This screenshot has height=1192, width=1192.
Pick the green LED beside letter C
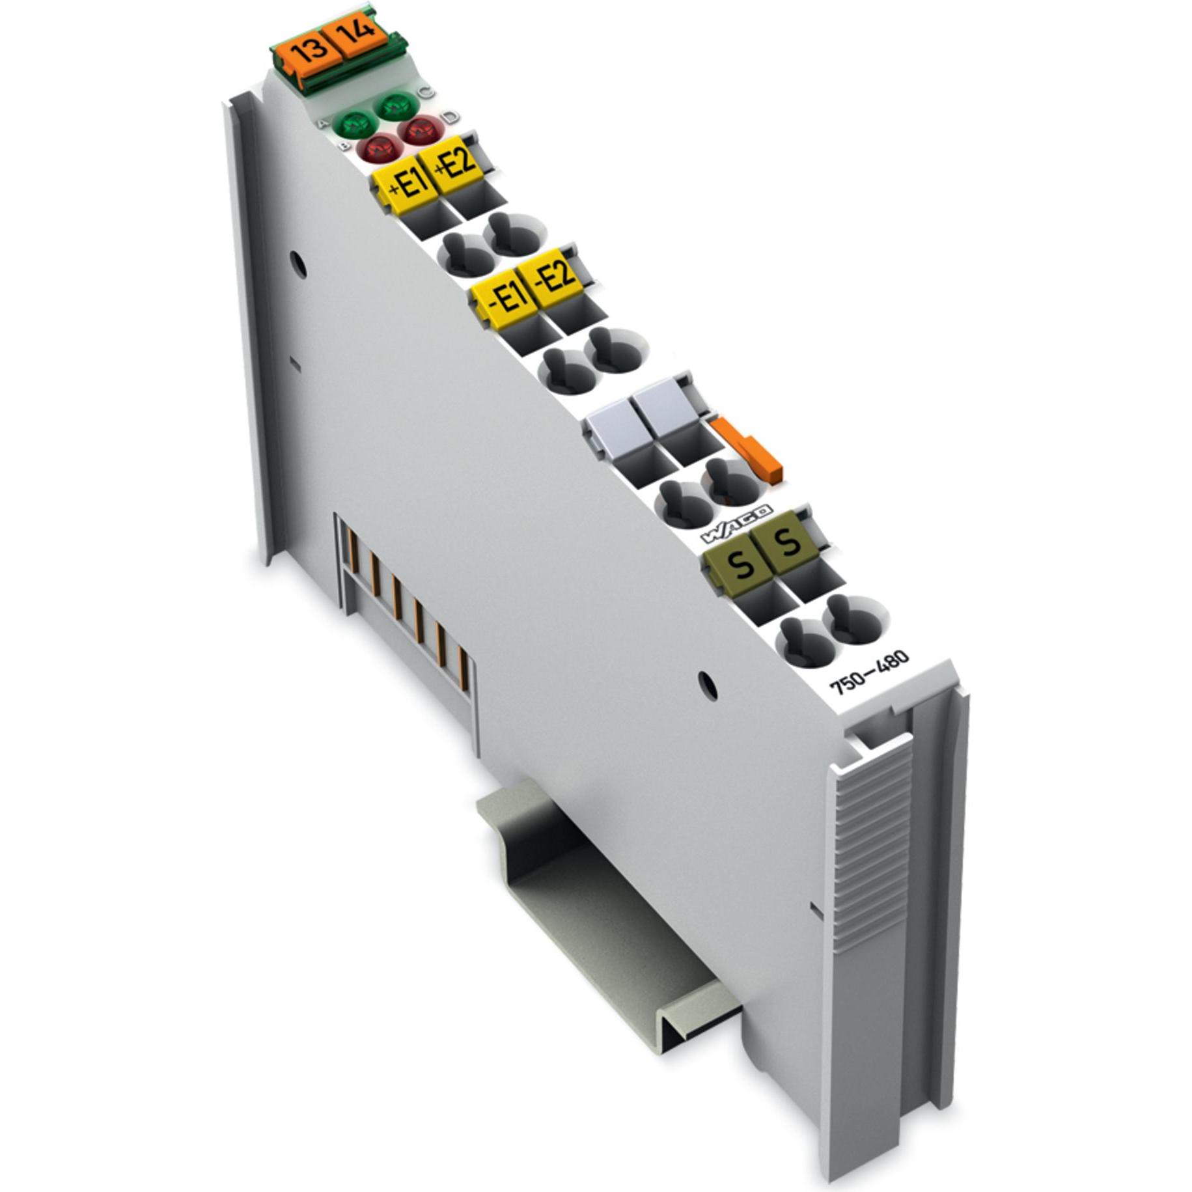pos(398,105)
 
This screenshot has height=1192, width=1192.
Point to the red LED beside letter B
pos(381,148)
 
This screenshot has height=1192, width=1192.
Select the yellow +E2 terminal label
pos(455,163)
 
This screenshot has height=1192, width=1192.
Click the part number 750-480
pos(868,672)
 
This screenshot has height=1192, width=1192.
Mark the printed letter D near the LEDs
pos(450,117)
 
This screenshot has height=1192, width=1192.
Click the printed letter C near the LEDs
pos(426,92)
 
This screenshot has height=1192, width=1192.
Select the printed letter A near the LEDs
pos(322,123)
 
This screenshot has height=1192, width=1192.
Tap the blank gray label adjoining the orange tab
pos(665,406)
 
